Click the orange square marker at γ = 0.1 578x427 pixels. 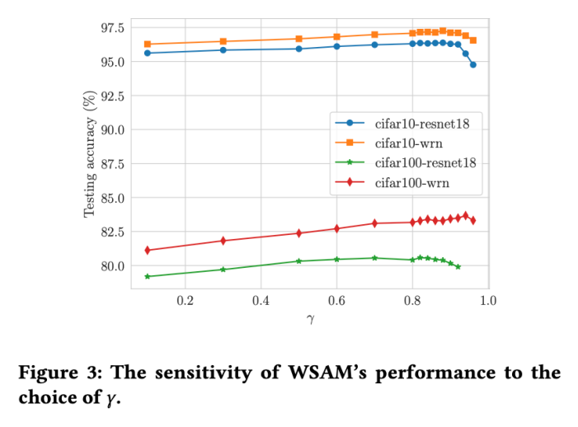[x=148, y=44]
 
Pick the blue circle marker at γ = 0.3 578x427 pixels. [x=223, y=50]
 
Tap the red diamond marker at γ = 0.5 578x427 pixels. [x=299, y=233]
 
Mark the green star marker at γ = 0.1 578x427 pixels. [x=148, y=276]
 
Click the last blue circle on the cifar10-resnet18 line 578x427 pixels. [x=472, y=64]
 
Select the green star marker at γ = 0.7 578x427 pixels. [x=374, y=258]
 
